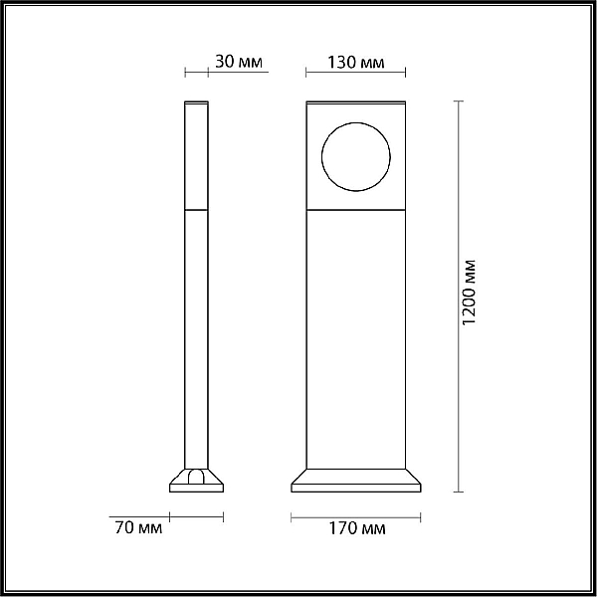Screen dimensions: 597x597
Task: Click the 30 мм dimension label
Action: pyautogui.click(x=239, y=62)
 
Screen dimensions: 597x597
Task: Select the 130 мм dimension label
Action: pyautogui.click(x=356, y=62)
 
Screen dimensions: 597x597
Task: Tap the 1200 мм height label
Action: pyautogui.click(x=469, y=293)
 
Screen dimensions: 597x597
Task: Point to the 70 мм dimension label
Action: pyautogui.click(x=138, y=527)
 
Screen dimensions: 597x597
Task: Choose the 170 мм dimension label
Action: pyautogui.click(x=357, y=528)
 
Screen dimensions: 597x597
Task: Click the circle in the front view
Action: pyautogui.click(x=321, y=157)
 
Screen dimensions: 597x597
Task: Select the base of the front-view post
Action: pyautogui.click(x=356, y=481)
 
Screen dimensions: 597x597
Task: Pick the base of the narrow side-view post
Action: pyautogui.click(x=196, y=481)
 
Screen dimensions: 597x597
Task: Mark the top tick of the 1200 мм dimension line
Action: pyautogui.click(x=459, y=101)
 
